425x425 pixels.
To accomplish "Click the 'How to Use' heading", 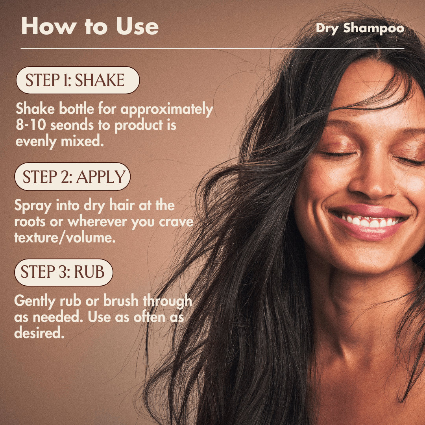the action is (90, 26).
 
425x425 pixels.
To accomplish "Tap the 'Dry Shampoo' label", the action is (360, 28).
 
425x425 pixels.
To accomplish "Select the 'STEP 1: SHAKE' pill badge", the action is (78, 80).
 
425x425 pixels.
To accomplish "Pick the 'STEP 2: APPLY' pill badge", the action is (72, 176).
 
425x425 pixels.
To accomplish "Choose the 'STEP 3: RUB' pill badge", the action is (64, 272).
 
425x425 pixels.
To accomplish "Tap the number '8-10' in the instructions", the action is (31, 125).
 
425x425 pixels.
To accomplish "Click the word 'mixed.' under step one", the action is (82, 141).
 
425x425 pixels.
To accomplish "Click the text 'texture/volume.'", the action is (65, 238).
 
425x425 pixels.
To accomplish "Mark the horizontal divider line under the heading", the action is (213, 49).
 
